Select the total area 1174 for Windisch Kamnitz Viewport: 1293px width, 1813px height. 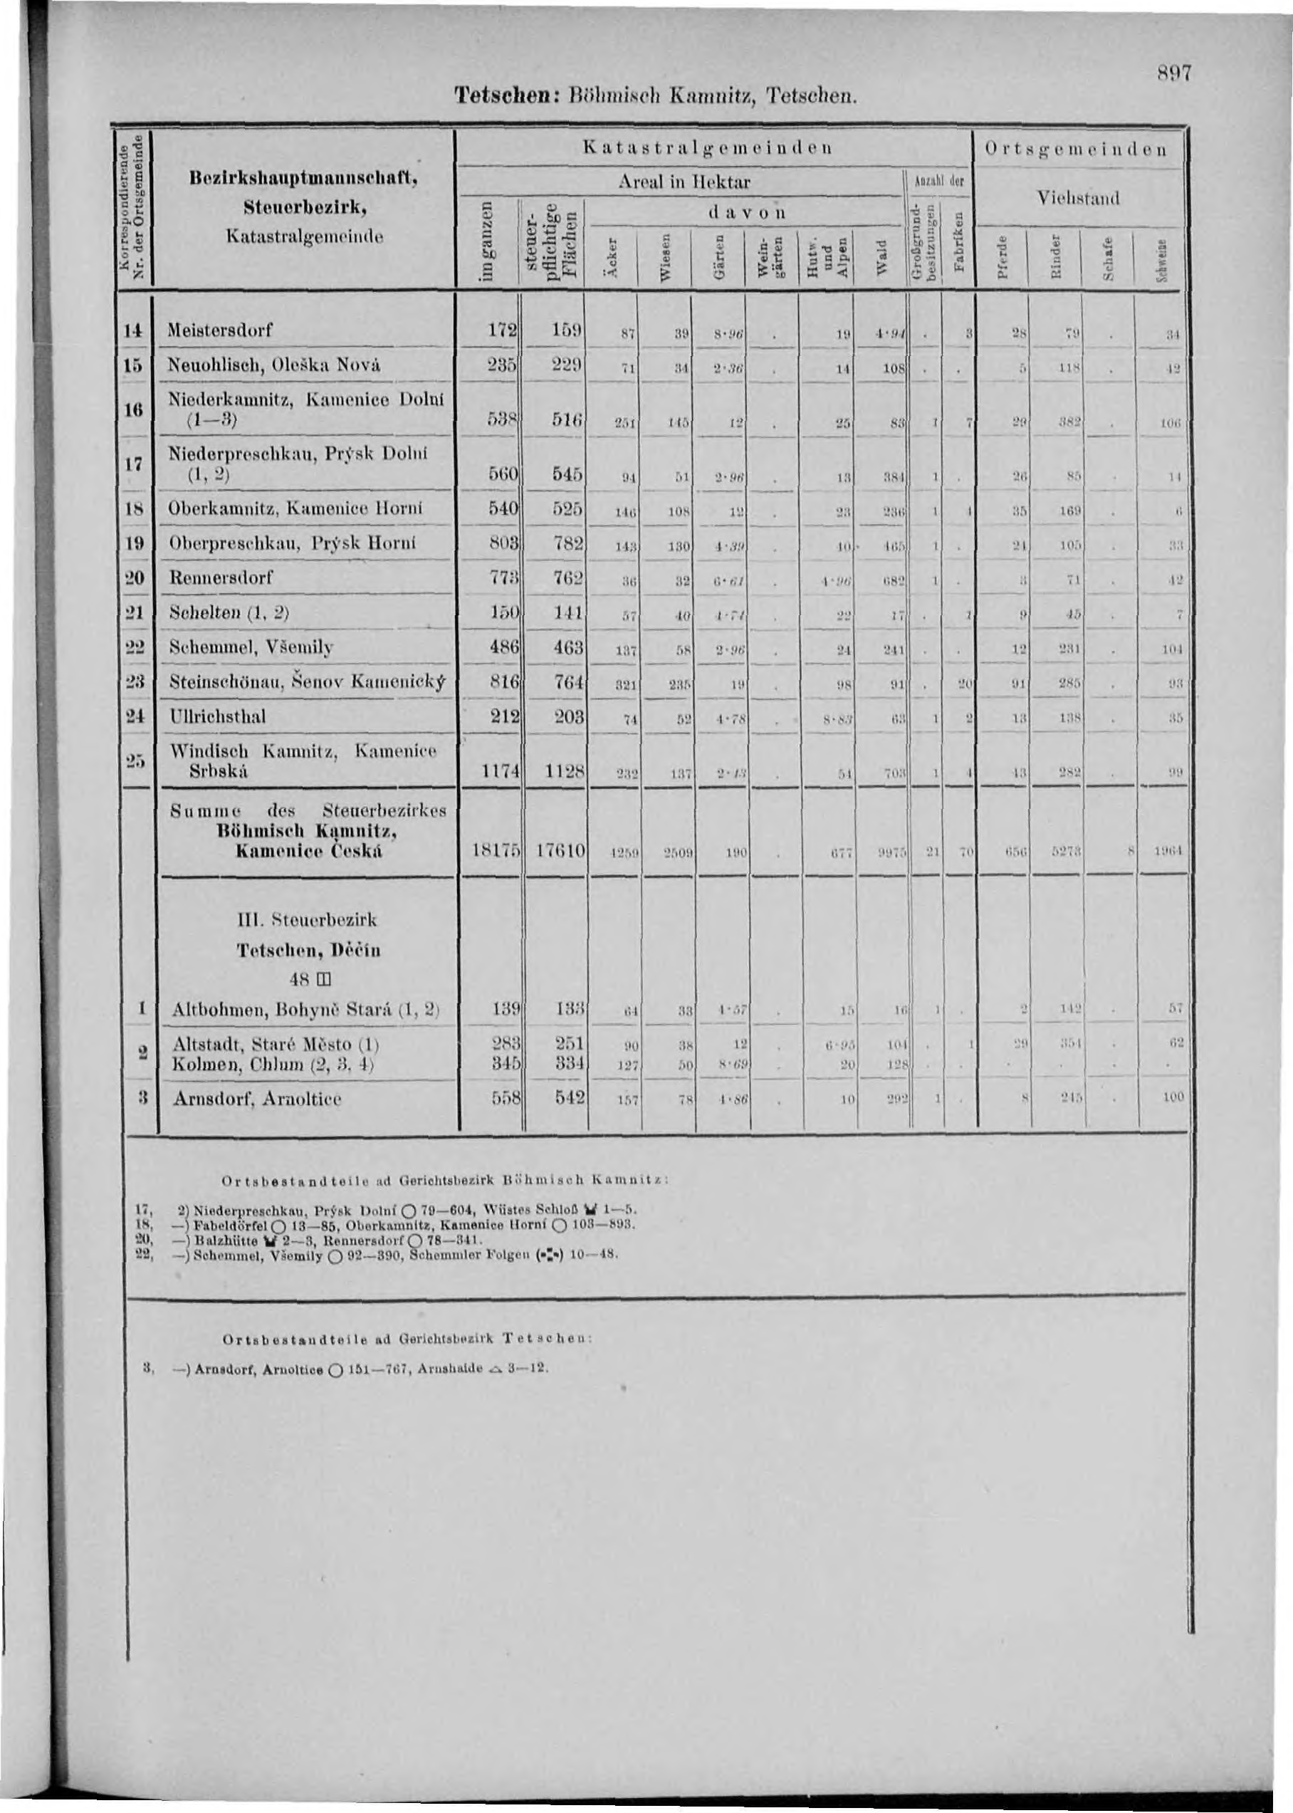click(x=497, y=771)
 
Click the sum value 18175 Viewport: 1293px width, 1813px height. click(x=493, y=851)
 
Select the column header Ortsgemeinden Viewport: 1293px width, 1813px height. click(x=1077, y=148)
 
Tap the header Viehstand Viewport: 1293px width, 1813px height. click(x=1079, y=198)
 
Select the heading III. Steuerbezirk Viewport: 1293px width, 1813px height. click(x=308, y=921)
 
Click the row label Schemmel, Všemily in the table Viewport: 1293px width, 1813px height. click(x=251, y=647)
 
